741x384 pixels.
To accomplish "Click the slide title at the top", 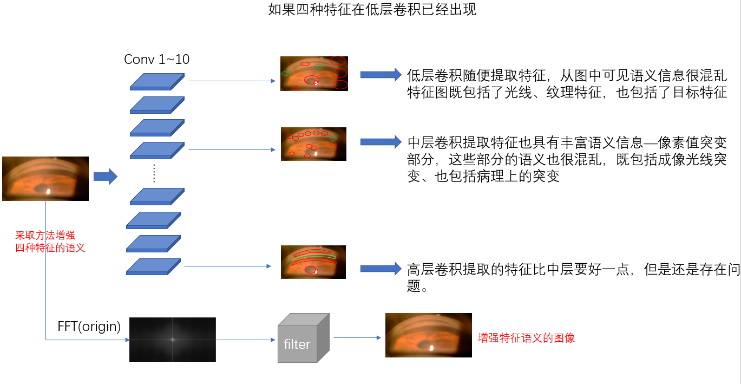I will coord(372,10).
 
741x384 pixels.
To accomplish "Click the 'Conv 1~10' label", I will coord(156,59).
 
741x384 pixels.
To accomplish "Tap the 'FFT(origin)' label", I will coord(89,327).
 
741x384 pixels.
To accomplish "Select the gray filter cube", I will coord(303,338).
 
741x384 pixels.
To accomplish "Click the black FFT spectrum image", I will coord(172,340).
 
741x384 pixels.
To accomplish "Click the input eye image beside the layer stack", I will coord(45,179).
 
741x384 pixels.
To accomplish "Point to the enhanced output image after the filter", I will coord(428,335).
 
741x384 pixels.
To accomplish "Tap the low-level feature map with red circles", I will coord(313,73).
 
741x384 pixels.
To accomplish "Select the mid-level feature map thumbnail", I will coord(313,144).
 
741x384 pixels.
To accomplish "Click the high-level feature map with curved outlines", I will coord(313,262).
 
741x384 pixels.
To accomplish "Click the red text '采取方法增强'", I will coord(45,236).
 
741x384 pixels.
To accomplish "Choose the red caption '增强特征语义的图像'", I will coord(526,338).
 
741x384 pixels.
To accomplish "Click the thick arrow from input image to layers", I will coord(105,177).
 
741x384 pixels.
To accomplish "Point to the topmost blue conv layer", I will coord(157,81).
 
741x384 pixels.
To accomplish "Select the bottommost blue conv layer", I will coord(153,266).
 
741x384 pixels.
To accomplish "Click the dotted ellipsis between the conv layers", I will coord(154,173).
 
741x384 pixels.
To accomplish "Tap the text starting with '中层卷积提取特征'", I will coord(566,160).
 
